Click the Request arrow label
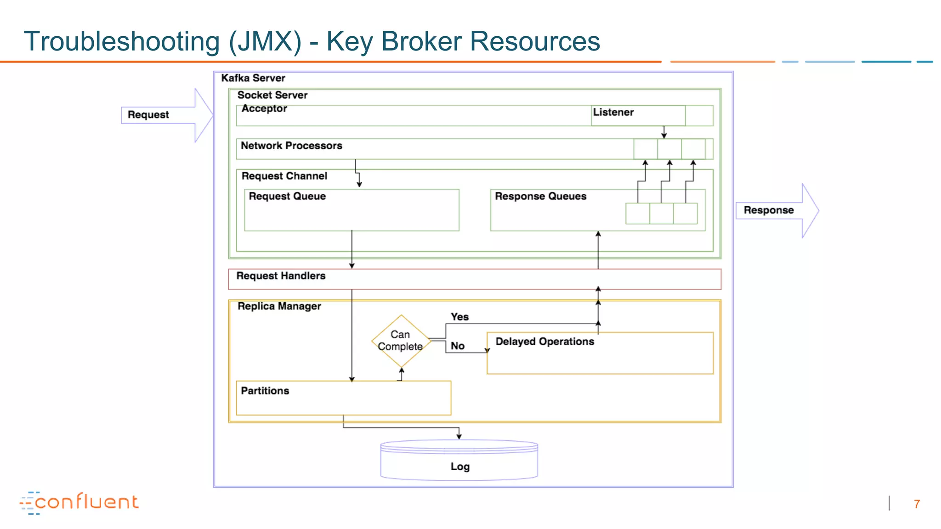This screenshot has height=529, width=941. point(148,115)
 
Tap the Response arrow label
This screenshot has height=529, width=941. point(768,210)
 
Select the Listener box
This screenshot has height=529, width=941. point(637,115)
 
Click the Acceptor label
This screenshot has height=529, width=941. point(264,109)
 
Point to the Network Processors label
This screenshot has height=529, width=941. point(291,146)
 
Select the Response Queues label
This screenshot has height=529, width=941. point(540,196)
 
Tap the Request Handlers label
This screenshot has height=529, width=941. point(281,276)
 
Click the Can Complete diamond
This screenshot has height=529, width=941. point(401,341)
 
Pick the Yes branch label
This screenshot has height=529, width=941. point(459,317)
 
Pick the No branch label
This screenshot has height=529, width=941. point(457,346)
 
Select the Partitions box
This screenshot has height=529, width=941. point(343,398)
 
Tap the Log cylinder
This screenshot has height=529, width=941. point(459,461)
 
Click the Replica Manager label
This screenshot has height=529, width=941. point(279,306)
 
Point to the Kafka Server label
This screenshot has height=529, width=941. point(253,78)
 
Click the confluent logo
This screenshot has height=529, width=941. point(79,502)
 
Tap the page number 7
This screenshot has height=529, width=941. point(917,504)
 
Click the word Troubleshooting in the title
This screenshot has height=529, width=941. point(122,41)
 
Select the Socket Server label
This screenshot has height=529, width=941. point(272,95)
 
